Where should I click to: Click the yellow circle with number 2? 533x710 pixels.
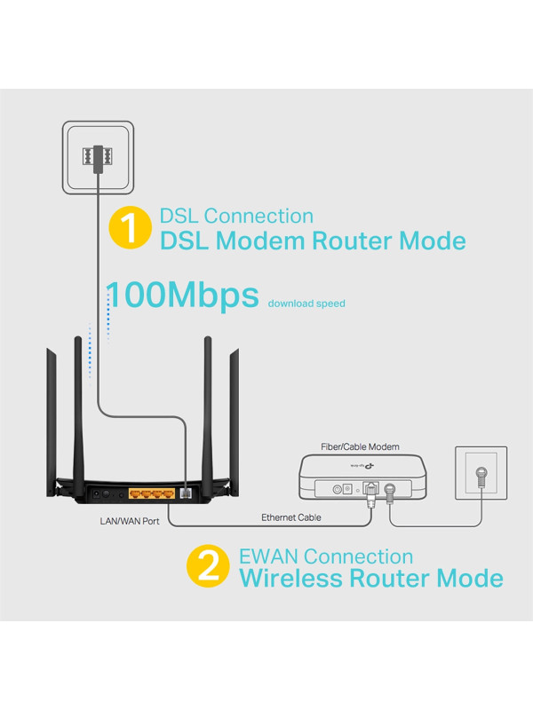[x=208, y=568]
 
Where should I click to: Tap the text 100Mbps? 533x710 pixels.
[x=182, y=296]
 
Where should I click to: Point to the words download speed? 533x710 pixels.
[x=306, y=304]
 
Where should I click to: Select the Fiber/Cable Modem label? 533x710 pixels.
[x=360, y=446]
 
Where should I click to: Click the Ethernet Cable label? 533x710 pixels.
[x=291, y=517]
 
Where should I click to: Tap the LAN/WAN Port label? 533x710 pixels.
[x=130, y=521]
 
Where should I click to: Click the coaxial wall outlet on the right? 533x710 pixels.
[x=481, y=474]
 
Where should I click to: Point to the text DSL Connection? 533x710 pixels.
[x=236, y=216]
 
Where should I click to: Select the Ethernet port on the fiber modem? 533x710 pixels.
[x=370, y=486]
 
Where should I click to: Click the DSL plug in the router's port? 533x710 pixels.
[x=186, y=491]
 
